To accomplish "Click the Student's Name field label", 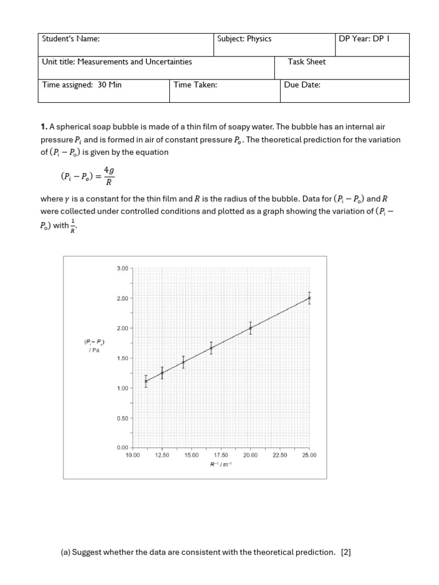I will (71, 39).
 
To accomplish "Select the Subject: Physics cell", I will (244, 39).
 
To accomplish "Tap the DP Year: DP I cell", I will (364, 39).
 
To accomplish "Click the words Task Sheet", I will (307, 62).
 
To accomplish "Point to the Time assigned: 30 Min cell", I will (82, 85).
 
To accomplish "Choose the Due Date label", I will (302, 85).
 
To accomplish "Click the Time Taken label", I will (195, 85).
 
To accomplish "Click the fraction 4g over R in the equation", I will (109, 177).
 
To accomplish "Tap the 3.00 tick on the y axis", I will (122, 269).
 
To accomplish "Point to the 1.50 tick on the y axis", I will (122, 358).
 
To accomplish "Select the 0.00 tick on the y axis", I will (122, 447).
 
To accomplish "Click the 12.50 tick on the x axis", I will (162, 455).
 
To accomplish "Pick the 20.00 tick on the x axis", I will (250, 455).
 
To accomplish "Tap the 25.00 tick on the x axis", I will (309, 455).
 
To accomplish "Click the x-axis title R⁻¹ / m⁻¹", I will (220, 464).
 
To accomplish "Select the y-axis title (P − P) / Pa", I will (94, 346).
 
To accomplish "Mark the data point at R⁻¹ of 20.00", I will (250, 328).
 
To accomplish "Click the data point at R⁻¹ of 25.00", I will (309, 298).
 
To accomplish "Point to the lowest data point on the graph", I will (146, 381).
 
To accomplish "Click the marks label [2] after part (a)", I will (345, 552).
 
